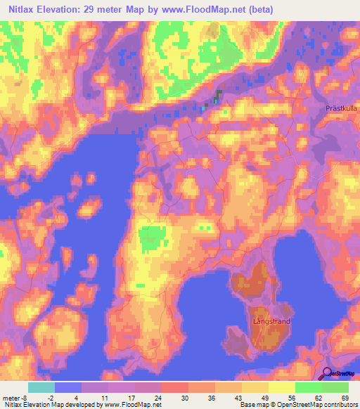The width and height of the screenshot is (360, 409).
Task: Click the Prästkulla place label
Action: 342,108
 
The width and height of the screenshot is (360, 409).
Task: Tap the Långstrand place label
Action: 271,321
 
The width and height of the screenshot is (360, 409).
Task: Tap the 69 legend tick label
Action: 345,397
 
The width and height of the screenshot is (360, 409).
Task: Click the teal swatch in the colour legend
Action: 41,387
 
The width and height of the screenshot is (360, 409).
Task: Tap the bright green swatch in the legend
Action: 309,387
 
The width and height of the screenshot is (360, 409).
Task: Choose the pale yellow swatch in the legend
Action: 283,387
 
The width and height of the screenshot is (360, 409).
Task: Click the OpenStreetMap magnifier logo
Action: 328,373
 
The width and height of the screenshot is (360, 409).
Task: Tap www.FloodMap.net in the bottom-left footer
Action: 133,405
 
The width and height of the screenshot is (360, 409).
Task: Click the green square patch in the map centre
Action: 148,239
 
